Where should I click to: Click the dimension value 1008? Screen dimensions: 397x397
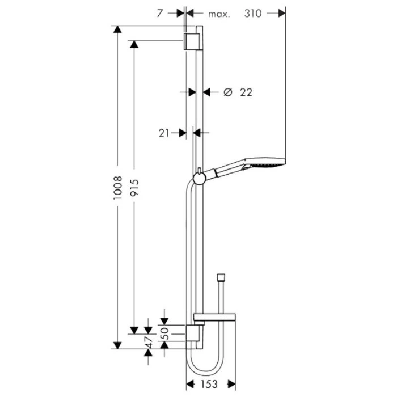[118, 188]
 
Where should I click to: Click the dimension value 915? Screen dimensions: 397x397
[134, 188]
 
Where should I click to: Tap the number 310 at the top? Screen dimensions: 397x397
[253, 14]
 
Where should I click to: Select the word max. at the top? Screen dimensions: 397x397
[219, 14]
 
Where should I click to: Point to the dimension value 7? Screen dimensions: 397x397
[159, 14]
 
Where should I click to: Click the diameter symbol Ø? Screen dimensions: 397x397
[228, 92]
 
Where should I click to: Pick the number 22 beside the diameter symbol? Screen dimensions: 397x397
[246, 92]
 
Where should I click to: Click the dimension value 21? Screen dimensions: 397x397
[164, 133]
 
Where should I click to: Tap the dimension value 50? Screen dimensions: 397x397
[165, 333]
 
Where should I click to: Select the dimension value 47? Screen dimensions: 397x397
[149, 343]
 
